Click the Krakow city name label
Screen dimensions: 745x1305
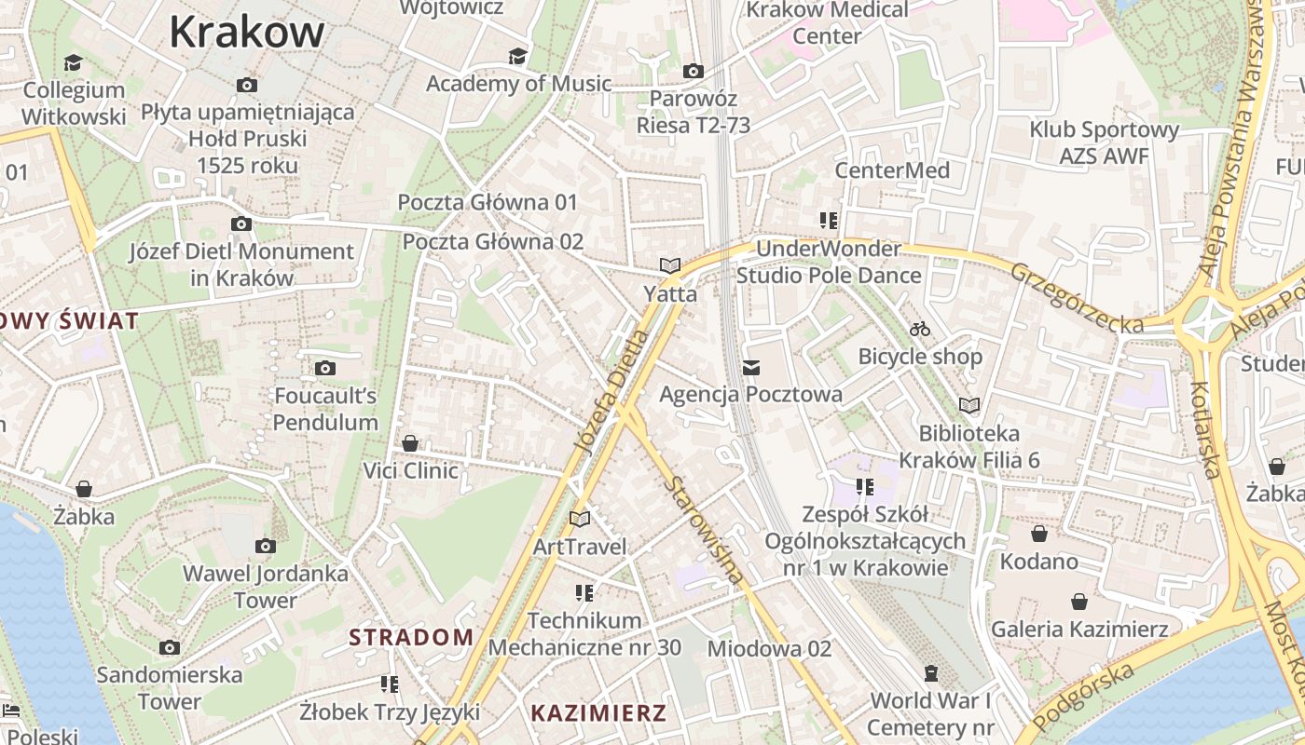(x=247, y=33)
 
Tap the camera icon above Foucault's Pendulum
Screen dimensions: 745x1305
(x=325, y=369)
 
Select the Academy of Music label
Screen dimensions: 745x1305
(x=518, y=84)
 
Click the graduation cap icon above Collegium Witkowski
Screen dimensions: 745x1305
(x=73, y=63)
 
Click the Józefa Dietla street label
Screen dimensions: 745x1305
(x=611, y=391)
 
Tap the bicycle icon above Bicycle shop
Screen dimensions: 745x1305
(x=920, y=329)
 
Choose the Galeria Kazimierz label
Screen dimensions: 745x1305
(x=1079, y=630)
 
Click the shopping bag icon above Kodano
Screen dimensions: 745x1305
(x=1039, y=535)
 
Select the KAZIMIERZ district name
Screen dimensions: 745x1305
(x=598, y=714)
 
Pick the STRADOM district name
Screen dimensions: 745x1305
(x=411, y=638)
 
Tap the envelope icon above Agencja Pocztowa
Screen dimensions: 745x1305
(x=751, y=368)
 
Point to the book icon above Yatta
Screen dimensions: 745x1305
(x=670, y=266)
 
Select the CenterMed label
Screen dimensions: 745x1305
(x=892, y=170)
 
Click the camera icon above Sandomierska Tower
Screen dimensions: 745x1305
(x=170, y=647)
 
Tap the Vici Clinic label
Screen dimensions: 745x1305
(x=411, y=470)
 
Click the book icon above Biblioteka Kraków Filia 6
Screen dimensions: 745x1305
(x=969, y=406)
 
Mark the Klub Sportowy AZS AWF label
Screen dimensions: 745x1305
(x=1105, y=142)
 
